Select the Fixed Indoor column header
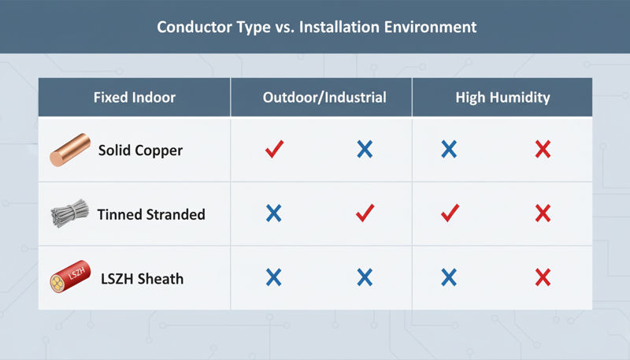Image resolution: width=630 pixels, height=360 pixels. (x=134, y=98)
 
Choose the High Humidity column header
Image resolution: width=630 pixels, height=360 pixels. (x=502, y=98)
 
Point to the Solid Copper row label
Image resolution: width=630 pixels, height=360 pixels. (x=140, y=150)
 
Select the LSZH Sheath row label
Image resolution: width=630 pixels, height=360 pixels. (x=141, y=278)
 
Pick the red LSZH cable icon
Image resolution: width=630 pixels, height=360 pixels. (x=69, y=277)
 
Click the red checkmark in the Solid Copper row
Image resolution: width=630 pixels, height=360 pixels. (x=274, y=149)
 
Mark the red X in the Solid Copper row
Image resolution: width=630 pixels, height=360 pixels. (x=542, y=149)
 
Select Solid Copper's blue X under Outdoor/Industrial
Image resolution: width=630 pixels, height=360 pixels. (x=365, y=149)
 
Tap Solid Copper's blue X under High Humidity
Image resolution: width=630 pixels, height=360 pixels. (x=449, y=149)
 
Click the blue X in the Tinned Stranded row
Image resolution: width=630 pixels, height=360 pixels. (x=274, y=213)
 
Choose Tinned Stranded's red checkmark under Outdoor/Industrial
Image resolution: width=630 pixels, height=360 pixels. (x=365, y=212)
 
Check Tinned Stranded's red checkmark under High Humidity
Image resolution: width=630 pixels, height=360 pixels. (x=449, y=212)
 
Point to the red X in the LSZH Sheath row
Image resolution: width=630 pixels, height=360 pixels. (x=542, y=276)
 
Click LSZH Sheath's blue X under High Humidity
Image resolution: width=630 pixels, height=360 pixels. (x=449, y=276)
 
